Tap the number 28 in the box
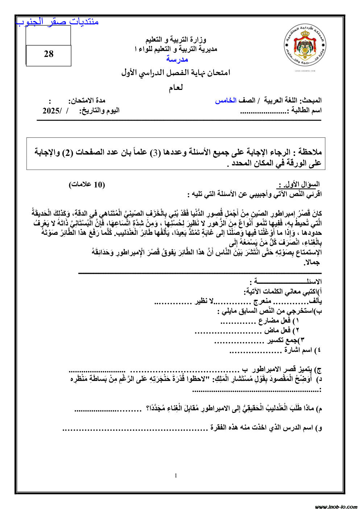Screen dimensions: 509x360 (49, 54)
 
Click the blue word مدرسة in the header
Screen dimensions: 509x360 (177, 59)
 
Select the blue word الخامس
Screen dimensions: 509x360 (225, 100)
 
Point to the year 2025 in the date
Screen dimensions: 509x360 (51, 111)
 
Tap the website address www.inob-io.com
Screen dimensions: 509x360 (336, 506)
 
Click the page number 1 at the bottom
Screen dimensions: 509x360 (176, 476)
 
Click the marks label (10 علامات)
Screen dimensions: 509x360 (87, 185)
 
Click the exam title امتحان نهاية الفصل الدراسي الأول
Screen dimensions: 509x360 (176, 73)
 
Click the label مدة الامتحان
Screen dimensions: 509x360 (87, 100)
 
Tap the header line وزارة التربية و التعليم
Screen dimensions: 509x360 (176, 39)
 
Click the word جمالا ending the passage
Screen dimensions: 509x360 (312, 262)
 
